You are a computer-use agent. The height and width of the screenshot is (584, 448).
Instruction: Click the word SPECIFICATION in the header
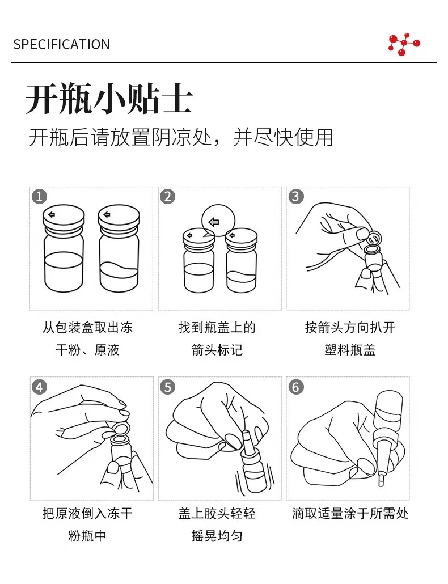click(x=61, y=44)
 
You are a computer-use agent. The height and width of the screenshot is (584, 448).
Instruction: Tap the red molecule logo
click(x=404, y=44)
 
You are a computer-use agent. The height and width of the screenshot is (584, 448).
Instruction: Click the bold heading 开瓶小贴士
click(x=109, y=99)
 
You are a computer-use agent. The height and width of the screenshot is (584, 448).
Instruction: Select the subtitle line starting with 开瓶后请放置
click(x=181, y=137)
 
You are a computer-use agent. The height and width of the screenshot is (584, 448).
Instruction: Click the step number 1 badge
click(x=40, y=196)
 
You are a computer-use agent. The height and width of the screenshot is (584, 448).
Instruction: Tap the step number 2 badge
click(x=168, y=196)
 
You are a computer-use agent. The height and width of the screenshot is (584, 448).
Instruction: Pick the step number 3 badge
click(x=296, y=196)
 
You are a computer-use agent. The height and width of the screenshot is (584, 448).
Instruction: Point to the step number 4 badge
click(x=40, y=387)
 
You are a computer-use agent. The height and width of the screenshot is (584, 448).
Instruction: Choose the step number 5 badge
click(x=168, y=387)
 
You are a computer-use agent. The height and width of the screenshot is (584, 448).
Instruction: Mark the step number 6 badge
click(x=296, y=387)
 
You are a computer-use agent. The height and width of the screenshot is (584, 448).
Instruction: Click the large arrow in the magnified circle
click(x=214, y=222)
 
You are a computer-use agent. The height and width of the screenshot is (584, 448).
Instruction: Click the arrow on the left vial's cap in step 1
click(x=52, y=214)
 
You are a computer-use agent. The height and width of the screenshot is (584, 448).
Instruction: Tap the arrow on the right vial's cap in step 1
click(x=107, y=214)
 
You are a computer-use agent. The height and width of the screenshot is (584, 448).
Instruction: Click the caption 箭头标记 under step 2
click(x=217, y=350)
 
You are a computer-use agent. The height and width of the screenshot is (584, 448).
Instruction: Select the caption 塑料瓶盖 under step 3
click(x=350, y=350)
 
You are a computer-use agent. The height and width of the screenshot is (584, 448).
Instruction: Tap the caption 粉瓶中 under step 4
click(x=87, y=536)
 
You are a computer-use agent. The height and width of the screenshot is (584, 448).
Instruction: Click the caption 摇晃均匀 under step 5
click(x=217, y=536)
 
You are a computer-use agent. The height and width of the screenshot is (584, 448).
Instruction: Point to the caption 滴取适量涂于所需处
click(x=350, y=514)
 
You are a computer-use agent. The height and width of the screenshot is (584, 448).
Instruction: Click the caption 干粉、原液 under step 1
click(x=87, y=350)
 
